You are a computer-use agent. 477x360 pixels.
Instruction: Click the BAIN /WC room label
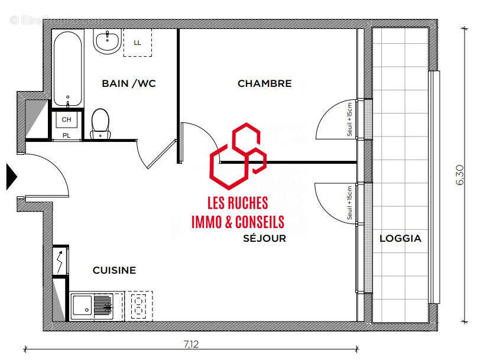(x=128, y=83)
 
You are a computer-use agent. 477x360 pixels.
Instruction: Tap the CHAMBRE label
(x=264, y=83)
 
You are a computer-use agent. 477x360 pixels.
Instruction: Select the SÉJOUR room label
(x=264, y=239)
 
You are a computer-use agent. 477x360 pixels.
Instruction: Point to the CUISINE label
(x=114, y=270)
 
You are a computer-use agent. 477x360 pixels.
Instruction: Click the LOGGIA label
(x=400, y=239)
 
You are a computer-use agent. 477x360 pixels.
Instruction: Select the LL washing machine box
(x=137, y=43)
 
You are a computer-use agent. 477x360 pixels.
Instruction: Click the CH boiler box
(x=66, y=120)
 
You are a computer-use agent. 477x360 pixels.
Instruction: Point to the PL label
(x=66, y=135)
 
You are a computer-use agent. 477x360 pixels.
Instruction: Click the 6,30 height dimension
(x=459, y=175)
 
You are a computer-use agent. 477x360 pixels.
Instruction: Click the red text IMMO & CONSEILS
(x=238, y=222)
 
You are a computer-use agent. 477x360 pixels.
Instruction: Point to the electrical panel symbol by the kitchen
(x=60, y=260)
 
